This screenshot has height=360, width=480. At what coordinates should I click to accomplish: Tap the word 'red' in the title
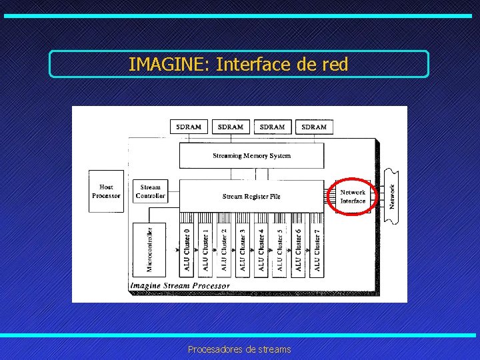[335, 65]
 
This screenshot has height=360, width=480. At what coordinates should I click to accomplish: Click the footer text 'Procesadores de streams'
[239, 349]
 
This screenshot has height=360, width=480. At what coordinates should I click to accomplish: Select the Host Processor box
[106, 191]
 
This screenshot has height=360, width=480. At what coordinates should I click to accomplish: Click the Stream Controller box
[150, 191]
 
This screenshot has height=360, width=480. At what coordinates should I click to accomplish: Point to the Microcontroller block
[149, 249]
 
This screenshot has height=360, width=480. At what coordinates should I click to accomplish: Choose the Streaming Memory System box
[251, 156]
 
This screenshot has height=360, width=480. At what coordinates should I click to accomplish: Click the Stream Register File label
[251, 197]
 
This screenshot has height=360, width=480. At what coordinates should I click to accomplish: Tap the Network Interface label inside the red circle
[353, 197]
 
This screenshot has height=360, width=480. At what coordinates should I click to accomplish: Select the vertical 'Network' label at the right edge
[393, 197]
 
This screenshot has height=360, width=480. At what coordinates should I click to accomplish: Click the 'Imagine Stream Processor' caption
[180, 286]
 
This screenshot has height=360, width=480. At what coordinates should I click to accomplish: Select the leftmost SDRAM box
[189, 127]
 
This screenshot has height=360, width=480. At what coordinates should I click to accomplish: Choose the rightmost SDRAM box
[314, 127]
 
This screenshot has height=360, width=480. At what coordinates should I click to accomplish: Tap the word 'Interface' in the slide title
[252, 65]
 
